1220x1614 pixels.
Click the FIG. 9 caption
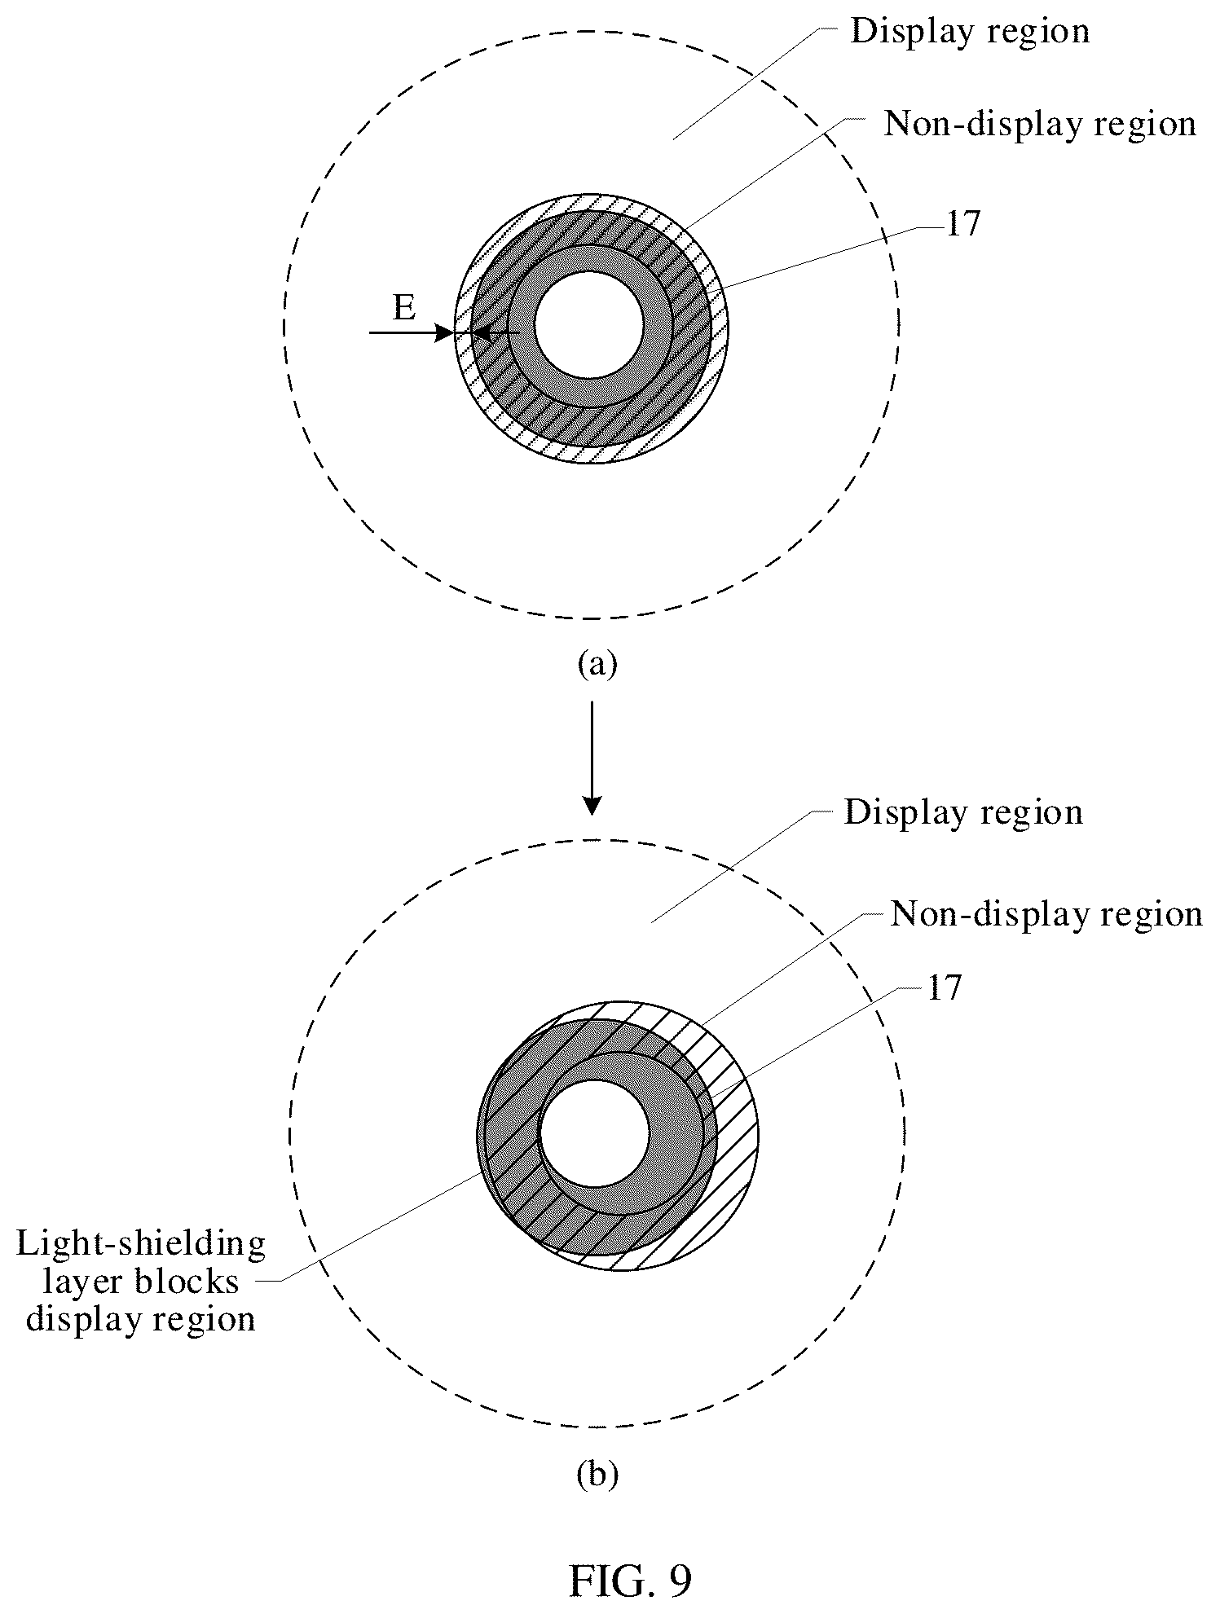629,1581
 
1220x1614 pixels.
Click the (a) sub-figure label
597,664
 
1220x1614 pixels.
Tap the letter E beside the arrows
404,309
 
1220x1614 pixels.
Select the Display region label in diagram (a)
970,32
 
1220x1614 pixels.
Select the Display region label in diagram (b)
963,813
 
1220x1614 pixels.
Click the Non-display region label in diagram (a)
1041,125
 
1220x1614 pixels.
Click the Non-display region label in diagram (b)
1046,914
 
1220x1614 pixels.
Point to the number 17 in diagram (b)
944,988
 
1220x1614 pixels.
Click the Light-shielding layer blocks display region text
142,1282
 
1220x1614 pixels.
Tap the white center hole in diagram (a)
590,324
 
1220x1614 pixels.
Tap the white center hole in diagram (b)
595,1135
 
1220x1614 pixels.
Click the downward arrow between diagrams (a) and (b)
592,756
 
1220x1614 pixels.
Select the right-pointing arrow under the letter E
411,332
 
